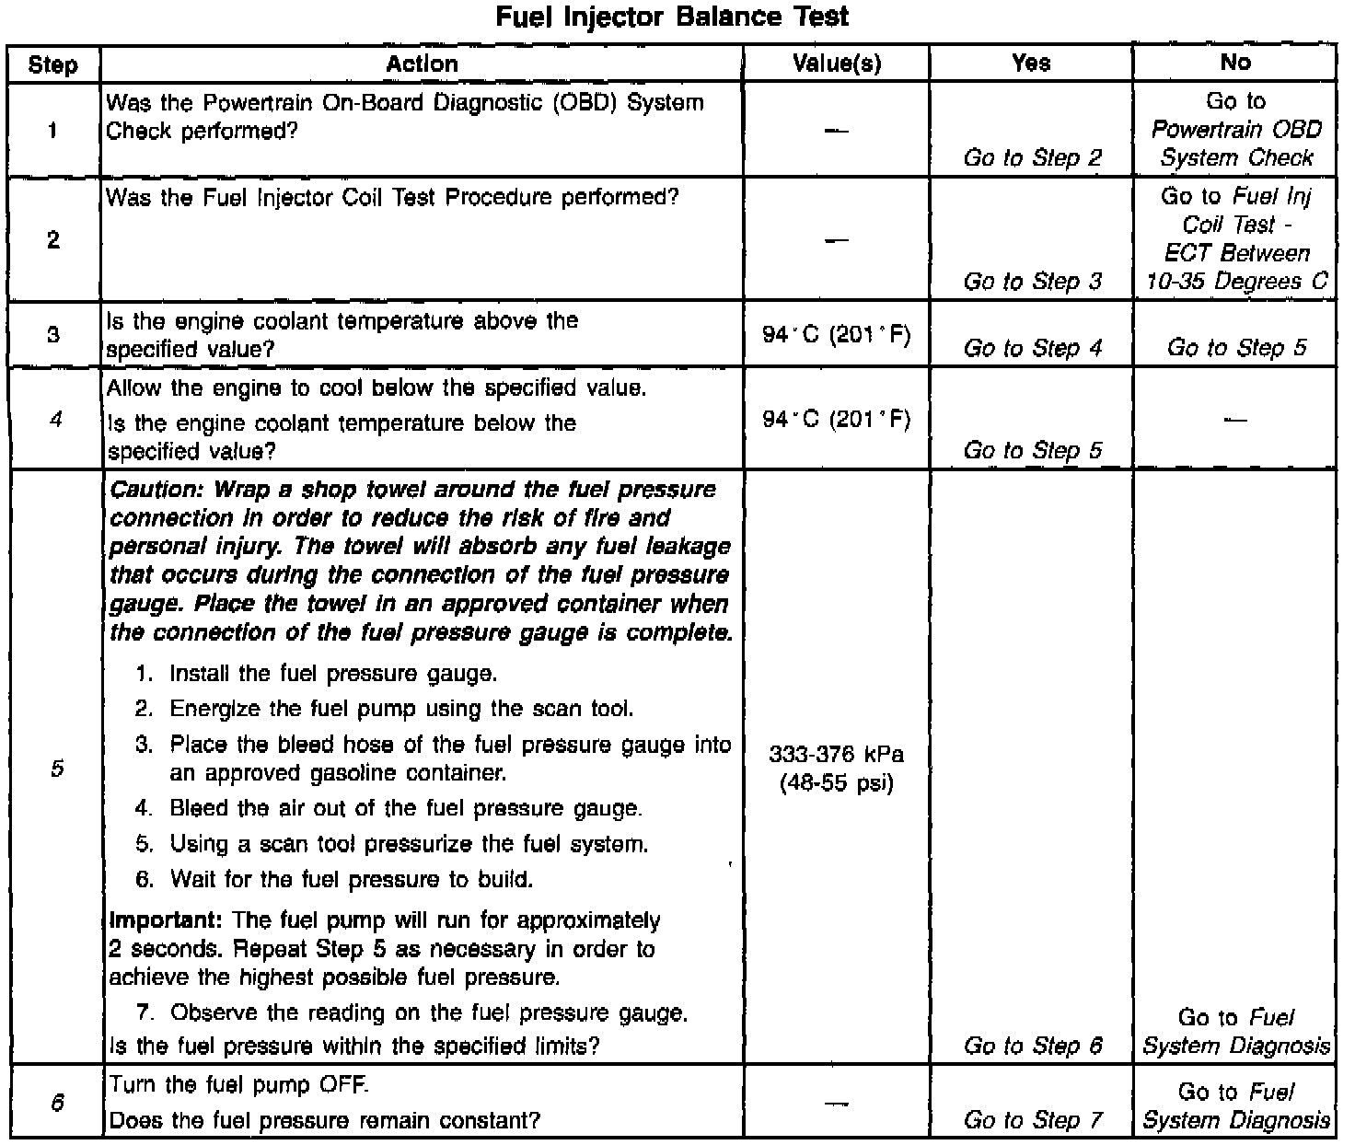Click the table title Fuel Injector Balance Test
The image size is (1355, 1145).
[x=672, y=17]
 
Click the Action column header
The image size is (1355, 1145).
[x=422, y=64]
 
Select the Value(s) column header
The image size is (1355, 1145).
[x=836, y=64]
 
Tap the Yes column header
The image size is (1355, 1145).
[x=1031, y=63]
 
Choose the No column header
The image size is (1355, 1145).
[x=1235, y=63]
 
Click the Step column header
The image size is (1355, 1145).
[x=53, y=64]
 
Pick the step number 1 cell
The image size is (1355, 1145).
[x=53, y=130]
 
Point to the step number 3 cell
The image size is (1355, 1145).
[x=53, y=334]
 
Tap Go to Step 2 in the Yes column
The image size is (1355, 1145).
[x=1032, y=158]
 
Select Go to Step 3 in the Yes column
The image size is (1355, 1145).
[x=1032, y=282]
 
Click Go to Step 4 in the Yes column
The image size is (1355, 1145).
[x=1032, y=348]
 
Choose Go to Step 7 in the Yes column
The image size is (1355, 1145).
[x=1032, y=1120]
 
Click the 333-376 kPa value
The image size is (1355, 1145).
[x=836, y=756]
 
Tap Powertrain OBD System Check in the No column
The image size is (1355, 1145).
[x=1235, y=144]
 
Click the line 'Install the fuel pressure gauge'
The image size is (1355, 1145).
[x=333, y=674]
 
